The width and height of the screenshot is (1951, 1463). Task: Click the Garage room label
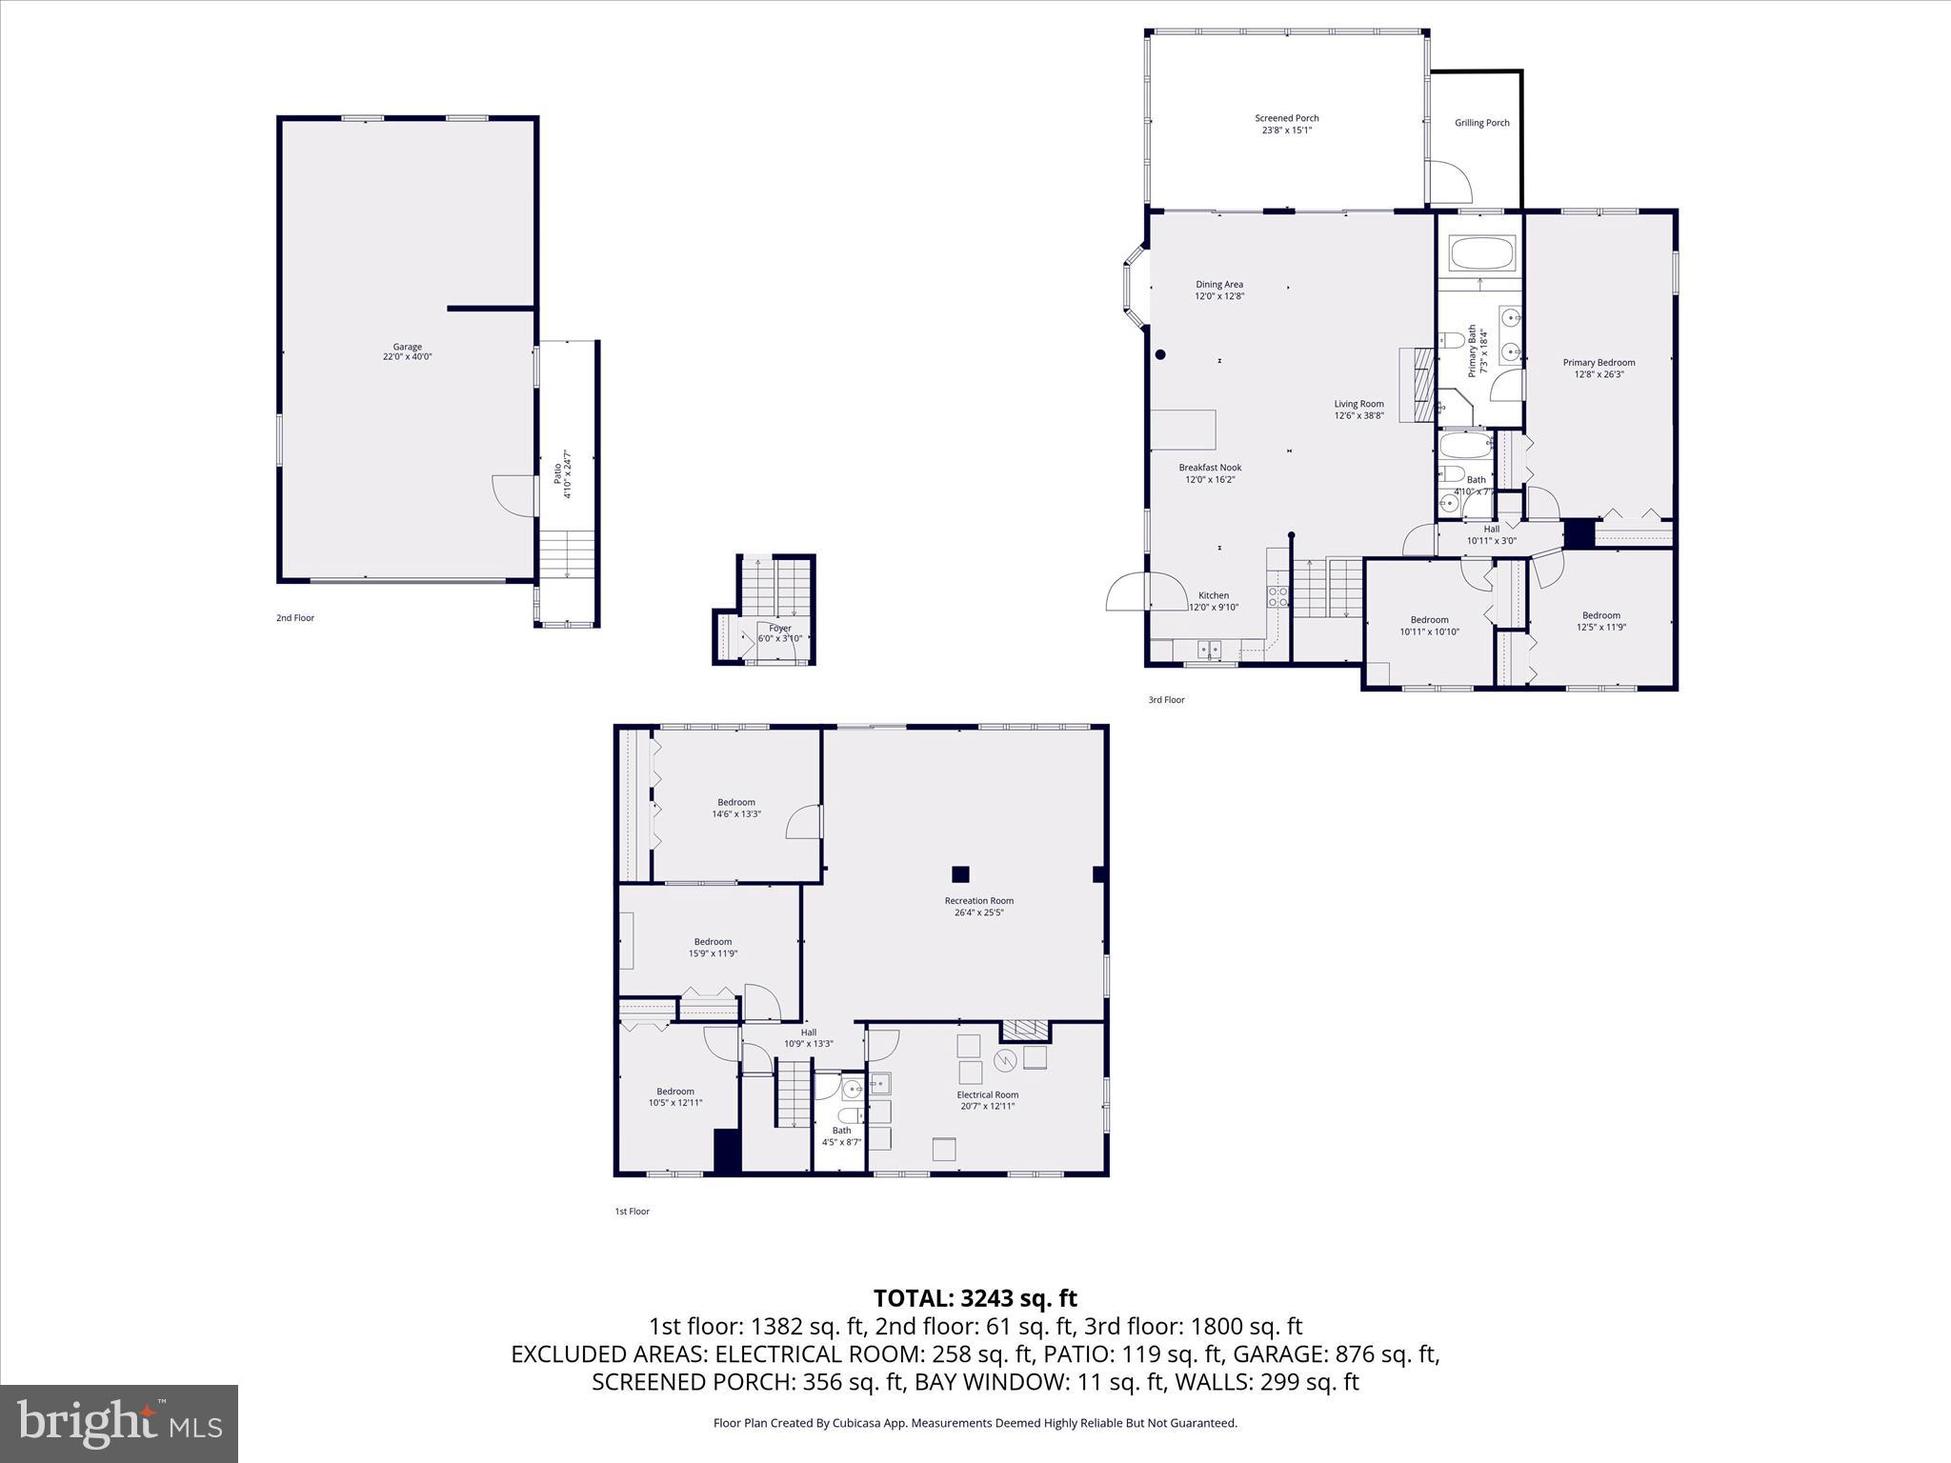[407, 351]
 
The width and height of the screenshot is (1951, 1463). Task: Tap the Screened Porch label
[1286, 124]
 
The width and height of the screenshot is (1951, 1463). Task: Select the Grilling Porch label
[1481, 123]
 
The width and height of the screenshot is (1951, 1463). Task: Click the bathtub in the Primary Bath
[1480, 254]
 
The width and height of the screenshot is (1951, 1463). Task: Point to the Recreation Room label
[978, 906]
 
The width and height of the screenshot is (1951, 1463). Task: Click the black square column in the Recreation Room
[960, 873]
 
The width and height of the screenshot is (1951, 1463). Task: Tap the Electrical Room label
[987, 1100]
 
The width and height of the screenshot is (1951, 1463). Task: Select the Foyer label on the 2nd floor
[779, 632]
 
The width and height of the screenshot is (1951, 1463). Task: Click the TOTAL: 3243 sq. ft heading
[975, 1298]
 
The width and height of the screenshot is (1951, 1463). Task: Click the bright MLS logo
[119, 1424]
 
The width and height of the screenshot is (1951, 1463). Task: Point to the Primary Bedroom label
[1599, 368]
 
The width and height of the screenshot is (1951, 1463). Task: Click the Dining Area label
[1219, 290]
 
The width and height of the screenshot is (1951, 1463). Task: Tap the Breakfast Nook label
[1210, 473]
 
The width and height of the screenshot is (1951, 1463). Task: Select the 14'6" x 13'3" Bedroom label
[735, 808]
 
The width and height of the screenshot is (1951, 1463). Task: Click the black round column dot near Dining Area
[1160, 355]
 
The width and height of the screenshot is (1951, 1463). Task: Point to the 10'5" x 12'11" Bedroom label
[674, 1096]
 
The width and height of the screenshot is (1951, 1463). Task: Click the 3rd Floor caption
[1166, 700]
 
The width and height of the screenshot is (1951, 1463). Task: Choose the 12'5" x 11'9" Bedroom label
[1600, 621]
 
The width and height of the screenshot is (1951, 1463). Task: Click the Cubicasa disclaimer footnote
[975, 1423]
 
